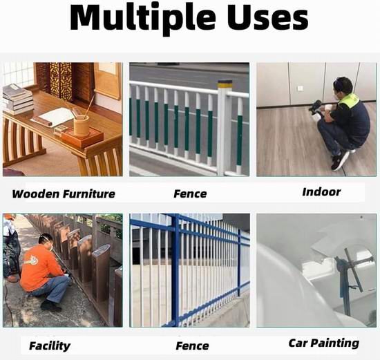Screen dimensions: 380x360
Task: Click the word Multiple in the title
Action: pyautogui.click(x=142, y=19)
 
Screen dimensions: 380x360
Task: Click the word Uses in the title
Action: pyautogui.click(x=268, y=17)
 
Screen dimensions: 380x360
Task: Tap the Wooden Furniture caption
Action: pyautogui.click(x=64, y=194)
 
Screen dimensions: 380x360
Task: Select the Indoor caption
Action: pyautogui.click(x=321, y=192)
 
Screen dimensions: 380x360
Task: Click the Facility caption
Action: pyautogui.click(x=50, y=346)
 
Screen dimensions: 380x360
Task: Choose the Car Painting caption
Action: pyautogui.click(x=324, y=343)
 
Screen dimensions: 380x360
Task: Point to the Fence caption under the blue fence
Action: pyautogui.click(x=192, y=346)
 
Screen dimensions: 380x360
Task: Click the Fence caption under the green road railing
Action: pyautogui.click(x=190, y=194)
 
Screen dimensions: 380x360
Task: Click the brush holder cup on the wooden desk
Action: pyautogui.click(x=82, y=126)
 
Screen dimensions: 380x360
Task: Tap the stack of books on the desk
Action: pyautogui.click(x=17, y=100)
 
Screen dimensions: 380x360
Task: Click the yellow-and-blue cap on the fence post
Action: pyautogui.click(x=225, y=84)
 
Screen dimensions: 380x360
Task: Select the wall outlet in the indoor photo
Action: pyautogui.click(x=300, y=88)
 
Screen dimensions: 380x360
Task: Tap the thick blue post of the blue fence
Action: pyautogui.click(x=175, y=270)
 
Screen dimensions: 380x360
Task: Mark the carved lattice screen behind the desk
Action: pyautogui.click(x=61, y=82)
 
